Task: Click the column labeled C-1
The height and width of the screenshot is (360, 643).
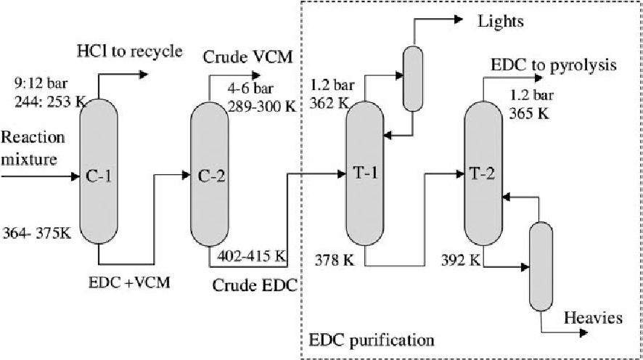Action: coord(100,174)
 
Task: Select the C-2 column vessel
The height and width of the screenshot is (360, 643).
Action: coord(210,174)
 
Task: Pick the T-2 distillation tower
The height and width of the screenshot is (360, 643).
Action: coord(483,174)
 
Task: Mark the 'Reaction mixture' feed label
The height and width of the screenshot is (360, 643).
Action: coord(33,147)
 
